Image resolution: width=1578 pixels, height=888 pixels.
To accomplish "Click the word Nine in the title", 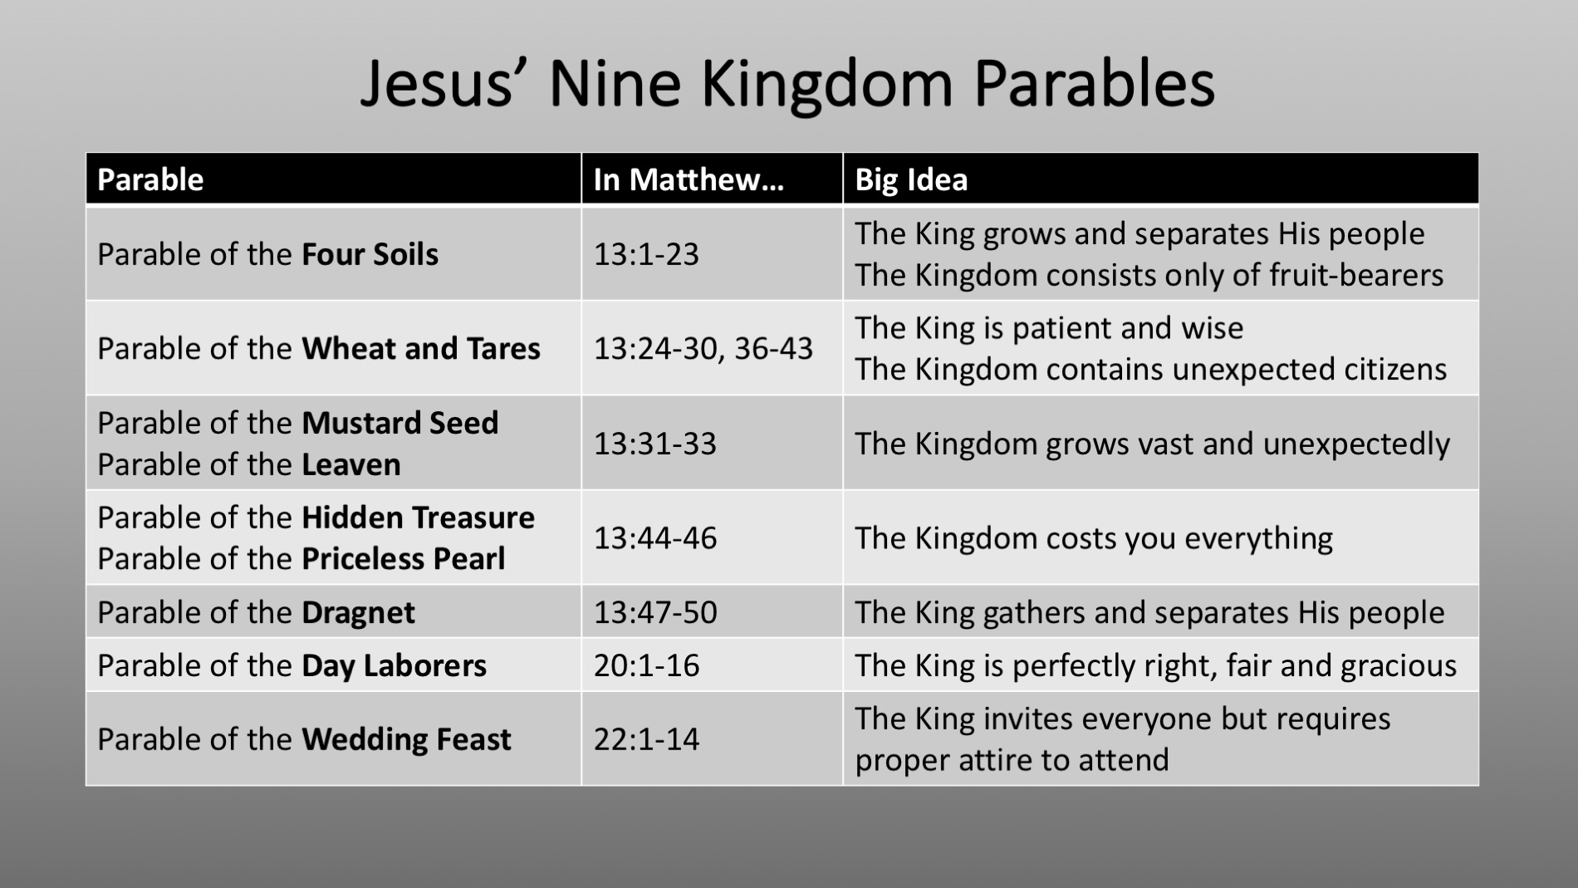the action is [x=615, y=84].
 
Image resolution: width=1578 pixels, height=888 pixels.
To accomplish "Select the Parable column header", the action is [x=150, y=179].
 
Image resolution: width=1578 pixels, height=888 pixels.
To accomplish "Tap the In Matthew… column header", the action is [x=689, y=179].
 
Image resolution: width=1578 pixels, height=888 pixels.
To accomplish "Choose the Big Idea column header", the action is [x=911, y=179].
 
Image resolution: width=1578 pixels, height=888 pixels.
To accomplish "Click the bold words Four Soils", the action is [x=370, y=254].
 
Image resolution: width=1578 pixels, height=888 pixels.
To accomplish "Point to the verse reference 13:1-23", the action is [x=646, y=254].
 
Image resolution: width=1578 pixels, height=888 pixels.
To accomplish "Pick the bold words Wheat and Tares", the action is [x=421, y=349].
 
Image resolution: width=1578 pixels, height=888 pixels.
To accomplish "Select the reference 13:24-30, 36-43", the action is [x=703, y=349].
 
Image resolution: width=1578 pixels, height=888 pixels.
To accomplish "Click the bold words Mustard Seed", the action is [x=399, y=423].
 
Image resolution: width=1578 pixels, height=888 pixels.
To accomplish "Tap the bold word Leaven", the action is [x=351, y=464].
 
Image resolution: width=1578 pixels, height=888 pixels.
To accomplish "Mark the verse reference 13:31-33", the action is [x=654, y=444].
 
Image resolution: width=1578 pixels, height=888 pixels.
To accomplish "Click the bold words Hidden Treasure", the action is [x=418, y=518].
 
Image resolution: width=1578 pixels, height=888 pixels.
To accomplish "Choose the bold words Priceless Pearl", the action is [x=403, y=559].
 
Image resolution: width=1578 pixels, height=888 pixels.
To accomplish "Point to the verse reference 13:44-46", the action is [x=654, y=538].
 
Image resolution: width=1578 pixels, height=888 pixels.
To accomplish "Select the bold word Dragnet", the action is [x=358, y=613].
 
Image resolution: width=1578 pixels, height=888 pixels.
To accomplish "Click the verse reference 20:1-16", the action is [x=646, y=666].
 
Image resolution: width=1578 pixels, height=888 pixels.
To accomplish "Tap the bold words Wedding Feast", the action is [x=406, y=739].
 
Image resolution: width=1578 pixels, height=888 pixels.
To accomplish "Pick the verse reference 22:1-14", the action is [x=646, y=739].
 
